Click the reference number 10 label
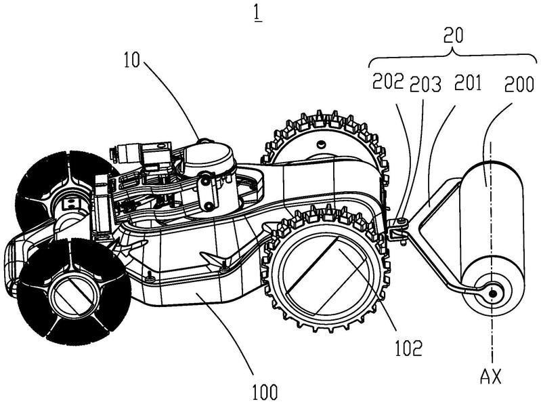(131, 60)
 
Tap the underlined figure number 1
(258, 14)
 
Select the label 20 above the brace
(454, 36)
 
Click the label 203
(425, 84)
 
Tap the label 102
(408, 348)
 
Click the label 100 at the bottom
(265, 392)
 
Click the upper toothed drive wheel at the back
(326, 144)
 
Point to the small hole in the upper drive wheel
(322, 143)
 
